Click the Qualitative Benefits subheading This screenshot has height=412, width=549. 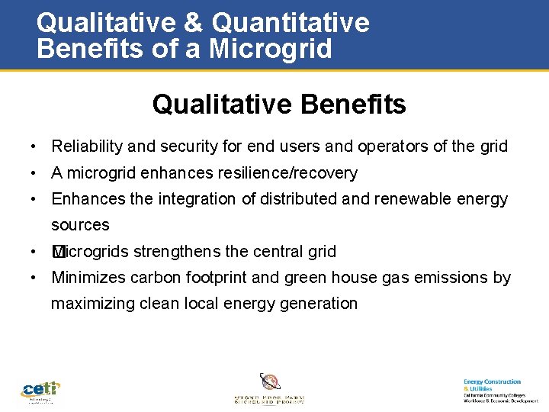click(279, 105)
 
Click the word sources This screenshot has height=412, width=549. click(80, 225)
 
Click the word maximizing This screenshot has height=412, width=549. click(93, 304)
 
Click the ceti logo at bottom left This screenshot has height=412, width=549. click(40, 391)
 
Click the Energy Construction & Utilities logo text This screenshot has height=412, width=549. click(492, 385)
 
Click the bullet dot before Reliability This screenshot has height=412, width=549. click(35, 147)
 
